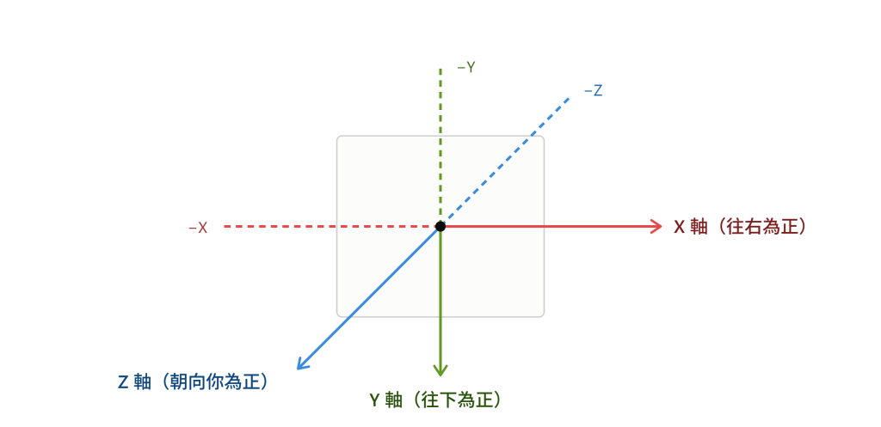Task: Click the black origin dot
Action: point(440,226)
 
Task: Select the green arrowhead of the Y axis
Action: point(440,369)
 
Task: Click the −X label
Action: point(198,228)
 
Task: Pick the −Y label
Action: point(465,67)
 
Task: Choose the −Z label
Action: point(594,90)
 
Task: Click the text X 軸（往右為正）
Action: point(740,227)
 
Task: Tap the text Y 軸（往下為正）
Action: point(434,400)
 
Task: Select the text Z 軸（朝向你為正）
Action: point(192,382)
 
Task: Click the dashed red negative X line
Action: point(330,226)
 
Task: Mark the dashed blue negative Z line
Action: point(505,162)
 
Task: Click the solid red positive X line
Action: point(551,226)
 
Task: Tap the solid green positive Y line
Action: point(440,300)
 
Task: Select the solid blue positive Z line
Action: point(368,297)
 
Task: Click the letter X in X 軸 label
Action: point(679,228)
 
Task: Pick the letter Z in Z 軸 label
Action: point(123,382)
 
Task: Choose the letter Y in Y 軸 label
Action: point(374,400)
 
